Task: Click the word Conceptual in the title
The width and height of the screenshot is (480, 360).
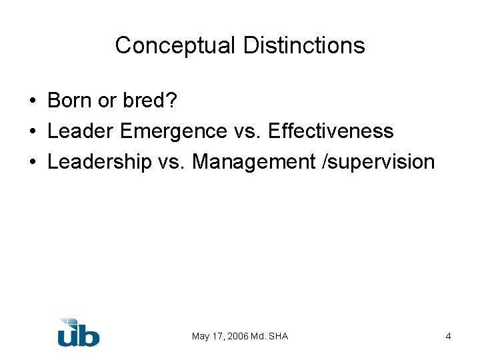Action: click(x=175, y=45)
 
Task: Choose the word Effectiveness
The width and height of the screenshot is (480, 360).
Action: click(x=331, y=131)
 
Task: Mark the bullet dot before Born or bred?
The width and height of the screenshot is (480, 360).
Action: click(x=33, y=101)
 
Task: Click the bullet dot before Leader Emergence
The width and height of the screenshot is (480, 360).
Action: click(x=33, y=132)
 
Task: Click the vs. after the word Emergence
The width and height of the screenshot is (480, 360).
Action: click(x=247, y=131)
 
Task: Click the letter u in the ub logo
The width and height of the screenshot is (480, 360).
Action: click(x=68, y=335)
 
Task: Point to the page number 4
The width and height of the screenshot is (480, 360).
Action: click(x=449, y=336)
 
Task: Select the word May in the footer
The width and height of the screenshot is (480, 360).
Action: click(x=200, y=336)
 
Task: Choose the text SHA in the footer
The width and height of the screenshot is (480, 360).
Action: click(x=278, y=336)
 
